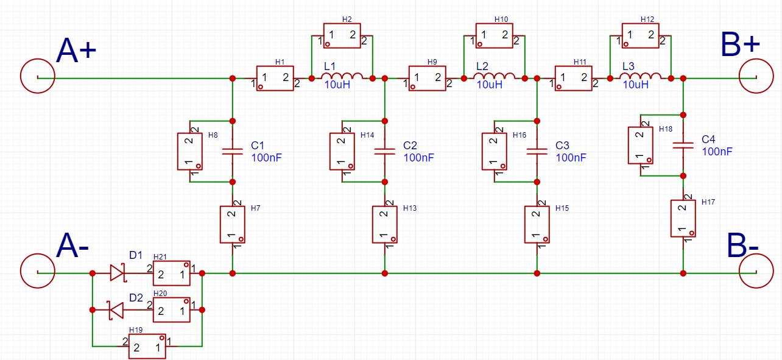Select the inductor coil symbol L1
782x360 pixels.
(x=342, y=76)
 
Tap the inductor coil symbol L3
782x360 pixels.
(x=640, y=76)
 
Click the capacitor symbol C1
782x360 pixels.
(x=233, y=151)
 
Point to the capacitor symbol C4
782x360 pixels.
(x=683, y=145)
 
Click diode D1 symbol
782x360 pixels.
(x=118, y=273)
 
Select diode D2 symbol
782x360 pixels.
(x=116, y=309)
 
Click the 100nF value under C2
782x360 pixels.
(x=418, y=158)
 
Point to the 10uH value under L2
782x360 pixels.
(x=490, y=85)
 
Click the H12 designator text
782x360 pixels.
(x=647, y=19)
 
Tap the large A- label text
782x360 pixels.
(x=72, y=246)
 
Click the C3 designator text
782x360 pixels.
(x=562, y=145)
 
